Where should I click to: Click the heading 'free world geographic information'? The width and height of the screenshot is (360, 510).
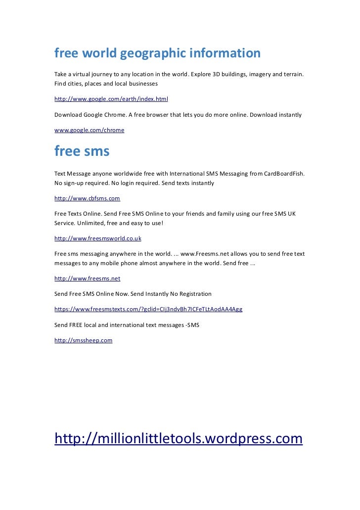pyautogui.click(x=157, y=53)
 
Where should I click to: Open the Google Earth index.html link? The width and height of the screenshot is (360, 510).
pyautogui.click(x=111, y=99)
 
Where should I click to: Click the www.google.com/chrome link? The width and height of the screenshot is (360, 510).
pyautogui.click(x=89, y=130)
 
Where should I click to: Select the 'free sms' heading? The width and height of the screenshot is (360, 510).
pyautogui.click(x=82, y=151)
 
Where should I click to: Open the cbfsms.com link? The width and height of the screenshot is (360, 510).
pyautogui.click(x=87, y=198)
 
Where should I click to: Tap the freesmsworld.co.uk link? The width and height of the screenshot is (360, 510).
pyautogui.click(x=98, y=238)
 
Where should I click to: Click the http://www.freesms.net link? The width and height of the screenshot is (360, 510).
pyautogui.click(x=87, y=278)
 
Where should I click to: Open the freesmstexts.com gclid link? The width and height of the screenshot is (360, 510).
pyautogui.click(x=148, y=309)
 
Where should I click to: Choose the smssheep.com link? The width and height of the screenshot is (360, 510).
pyautogui.click(x=83, y=340)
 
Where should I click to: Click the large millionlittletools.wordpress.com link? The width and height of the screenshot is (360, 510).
pyautogui.click(x=178, y=438)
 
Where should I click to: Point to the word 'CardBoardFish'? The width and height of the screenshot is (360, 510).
pyautogui.click(x=284, y=174)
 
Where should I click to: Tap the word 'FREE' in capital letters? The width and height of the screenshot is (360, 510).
pyautogui.click(x=78, y=325)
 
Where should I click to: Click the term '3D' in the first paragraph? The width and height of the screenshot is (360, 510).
pyautogui.click(x=217, y=74)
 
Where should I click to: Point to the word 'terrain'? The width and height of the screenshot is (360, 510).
pyautogui.click(x=293, y=74)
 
